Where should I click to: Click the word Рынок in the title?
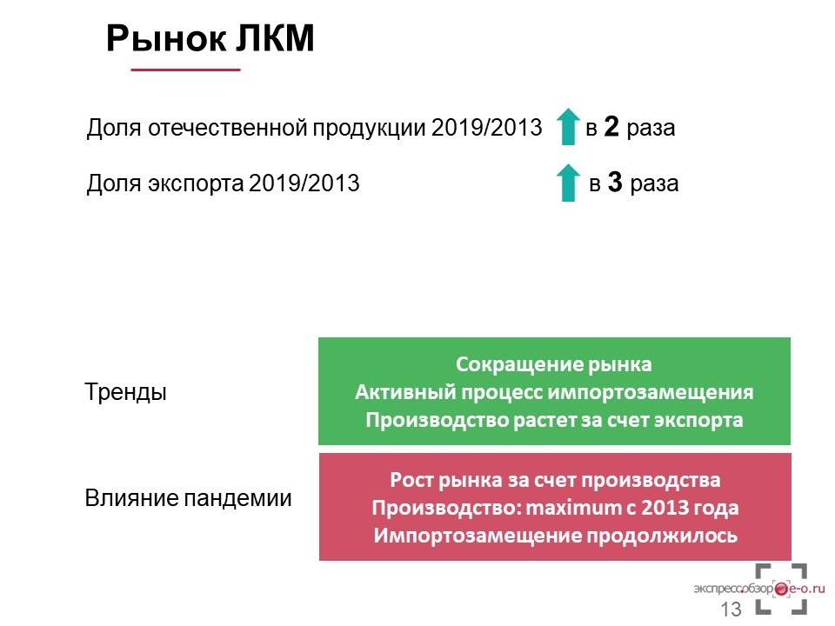coord(166,39)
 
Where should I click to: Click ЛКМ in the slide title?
coord(276,38)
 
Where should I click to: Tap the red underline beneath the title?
coord(185,70)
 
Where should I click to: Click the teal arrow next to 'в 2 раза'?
coord(568,127)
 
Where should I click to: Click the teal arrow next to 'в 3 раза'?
coord(568,183)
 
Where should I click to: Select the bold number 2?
coord(611,127)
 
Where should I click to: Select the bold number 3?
coord(615,182)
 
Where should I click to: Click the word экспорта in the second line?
coord(196,184)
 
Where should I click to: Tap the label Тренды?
coord(125,392)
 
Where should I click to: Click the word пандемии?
coord(237,499)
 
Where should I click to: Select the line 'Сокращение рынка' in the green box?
coord(554,364)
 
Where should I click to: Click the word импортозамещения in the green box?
coord(651,393)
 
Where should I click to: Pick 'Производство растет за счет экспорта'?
coord(554,421)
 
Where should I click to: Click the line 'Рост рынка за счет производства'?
coord(555,480)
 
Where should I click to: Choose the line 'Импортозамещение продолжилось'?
coord(556,536)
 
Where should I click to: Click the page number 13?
coord(731,609)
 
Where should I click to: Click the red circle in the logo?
coord(781,589)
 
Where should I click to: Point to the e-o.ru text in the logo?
coord(807,589)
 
